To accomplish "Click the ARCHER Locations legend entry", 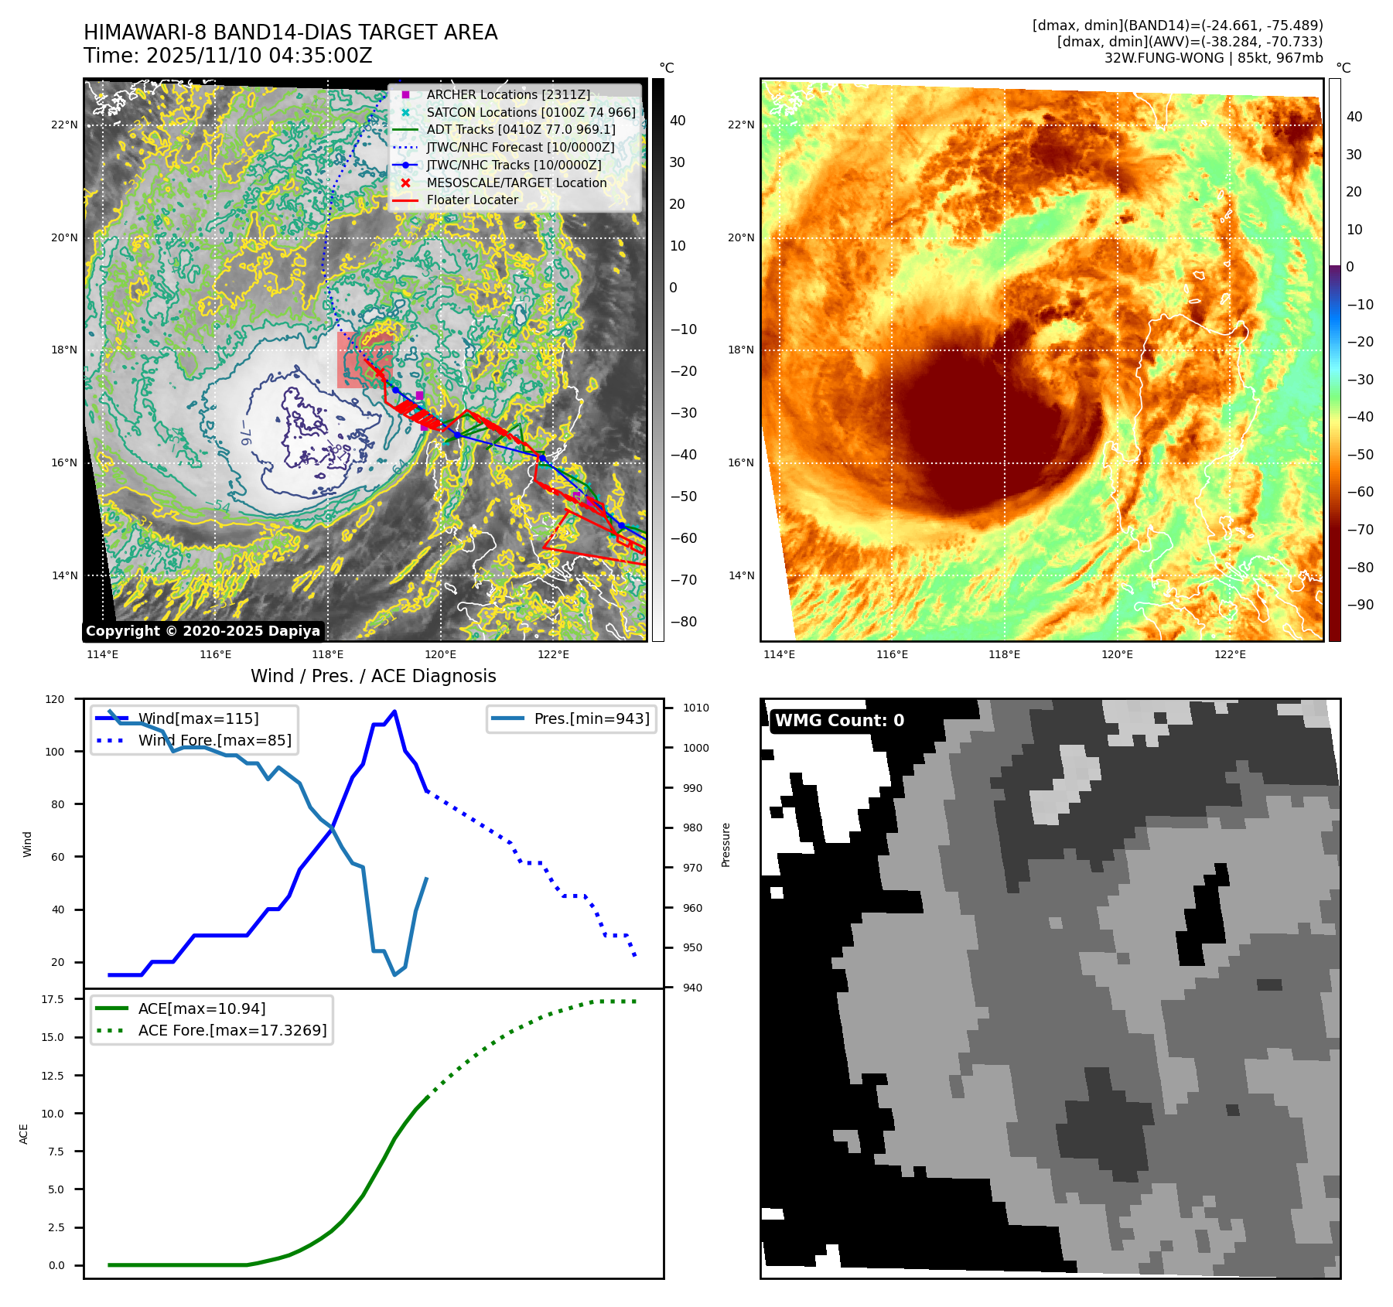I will coord(507,94).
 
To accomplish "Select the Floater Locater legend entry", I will coord(472,200).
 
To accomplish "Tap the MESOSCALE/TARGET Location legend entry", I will coord(516,183).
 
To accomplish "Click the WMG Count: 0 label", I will coord(839,721).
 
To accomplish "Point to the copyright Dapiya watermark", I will coord(203,631).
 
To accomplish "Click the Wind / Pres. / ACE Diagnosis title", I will coord(373,676).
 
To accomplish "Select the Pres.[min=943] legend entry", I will coord(591,718).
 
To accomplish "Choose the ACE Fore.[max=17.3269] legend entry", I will coord(232,1030).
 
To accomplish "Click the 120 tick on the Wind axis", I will coord(55,699).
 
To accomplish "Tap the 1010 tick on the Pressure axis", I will coord(695,708).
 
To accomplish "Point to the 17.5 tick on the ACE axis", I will coord(53,999).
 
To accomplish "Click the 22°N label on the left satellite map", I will coord(64,125).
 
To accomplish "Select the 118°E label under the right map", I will coord(1004,654).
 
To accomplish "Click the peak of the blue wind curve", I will coord(394,712).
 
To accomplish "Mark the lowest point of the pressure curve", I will coord(394,974).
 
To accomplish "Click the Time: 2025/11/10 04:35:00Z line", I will coord(228,56).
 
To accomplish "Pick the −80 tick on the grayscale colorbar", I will coord(683,622).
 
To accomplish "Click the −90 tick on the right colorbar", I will coord(1360,605).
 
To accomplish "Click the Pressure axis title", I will coord(726,845).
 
